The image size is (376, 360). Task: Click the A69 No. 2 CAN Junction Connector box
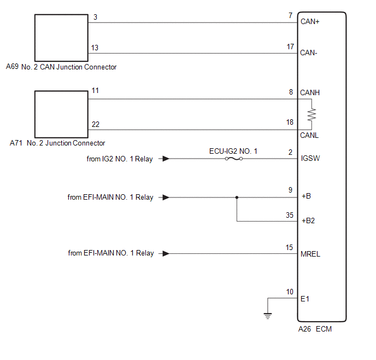tap(61, 37)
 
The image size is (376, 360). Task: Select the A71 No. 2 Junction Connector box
tap(61, 114)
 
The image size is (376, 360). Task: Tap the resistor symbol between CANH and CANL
tap(312, 114)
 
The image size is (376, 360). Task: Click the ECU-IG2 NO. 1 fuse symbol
tap(233, 159)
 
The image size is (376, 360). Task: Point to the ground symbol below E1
tap(268, 315)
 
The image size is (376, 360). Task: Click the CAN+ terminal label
tap(310, 22)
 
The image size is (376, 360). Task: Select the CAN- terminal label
tap(309, 53)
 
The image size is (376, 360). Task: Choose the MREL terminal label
tap(310, 254)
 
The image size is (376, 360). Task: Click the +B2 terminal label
tap(308, 221)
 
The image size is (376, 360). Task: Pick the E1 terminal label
tap(305, 299)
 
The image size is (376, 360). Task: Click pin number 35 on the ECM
tap(290, 215)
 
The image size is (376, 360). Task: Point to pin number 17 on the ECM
tap(290, 47)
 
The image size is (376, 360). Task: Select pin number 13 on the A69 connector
tap(95, 48)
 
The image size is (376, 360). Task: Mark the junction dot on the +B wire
tap(237, 197)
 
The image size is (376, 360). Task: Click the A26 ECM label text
tap(315, 329)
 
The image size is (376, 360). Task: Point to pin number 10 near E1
tap(290, 292)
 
